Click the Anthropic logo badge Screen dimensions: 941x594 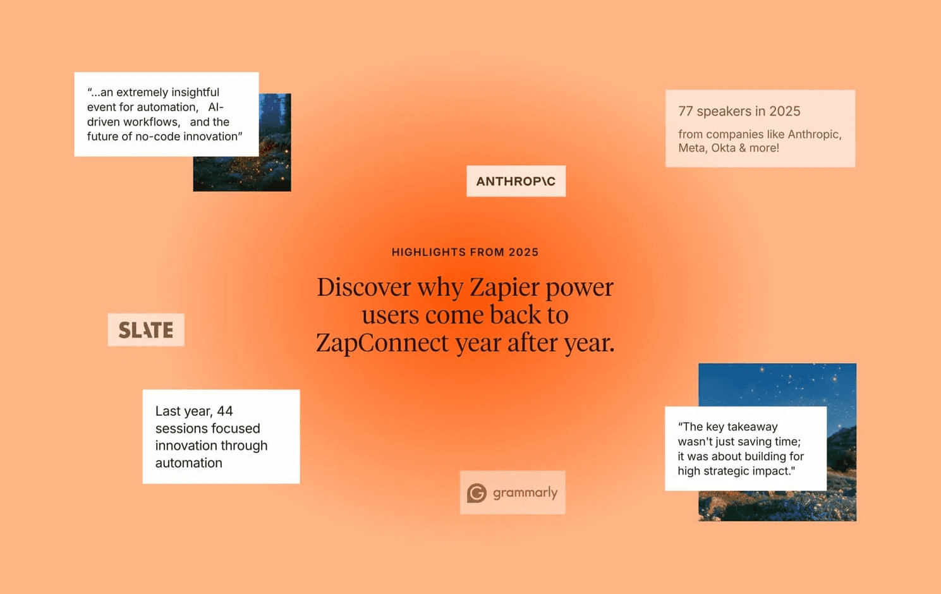click(x=516, y=181)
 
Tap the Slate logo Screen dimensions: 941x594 click(x=146, y=330)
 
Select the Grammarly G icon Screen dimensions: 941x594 click(x=477, y=493)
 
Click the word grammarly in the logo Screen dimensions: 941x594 click(x=525, y=493)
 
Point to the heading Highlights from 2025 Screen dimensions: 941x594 click(x=465, y=252)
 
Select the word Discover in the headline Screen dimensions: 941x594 click(x=364, y=288)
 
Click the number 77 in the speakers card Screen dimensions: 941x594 click(x=686, y=111)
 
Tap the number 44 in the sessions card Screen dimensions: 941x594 click(x=225, y=411)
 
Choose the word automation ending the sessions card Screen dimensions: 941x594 click(x=188, y=463)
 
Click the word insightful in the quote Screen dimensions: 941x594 click(x=195, y=92)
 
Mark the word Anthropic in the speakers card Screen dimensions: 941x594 click(x=815, y=135)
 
